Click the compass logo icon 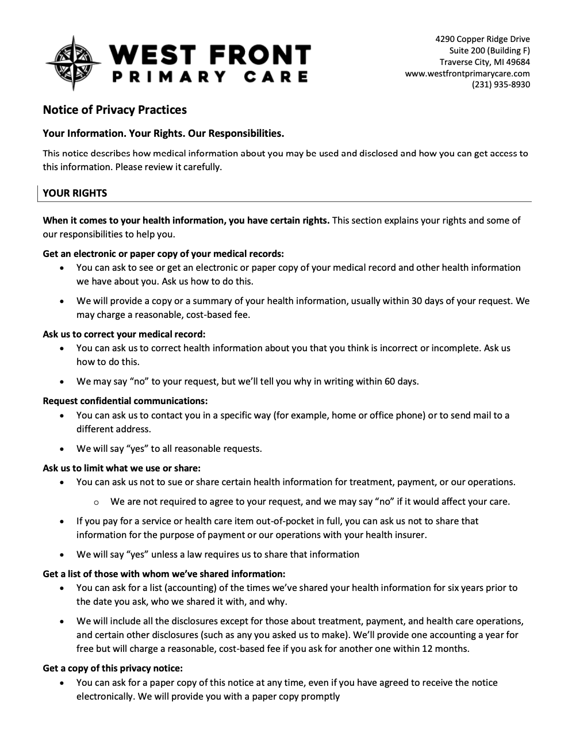click(73, 63)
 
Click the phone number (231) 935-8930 click(501, 85)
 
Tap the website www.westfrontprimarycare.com click(467, 74)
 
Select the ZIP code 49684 click(519, 62)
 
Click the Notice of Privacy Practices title click(114, 109)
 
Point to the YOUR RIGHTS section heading click(75, 193)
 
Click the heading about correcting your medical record click(124, 334)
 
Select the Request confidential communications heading click(125, 401)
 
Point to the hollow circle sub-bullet click(96, 502)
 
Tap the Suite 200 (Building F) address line click(489, 51)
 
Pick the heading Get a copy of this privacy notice click(113, 668)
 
